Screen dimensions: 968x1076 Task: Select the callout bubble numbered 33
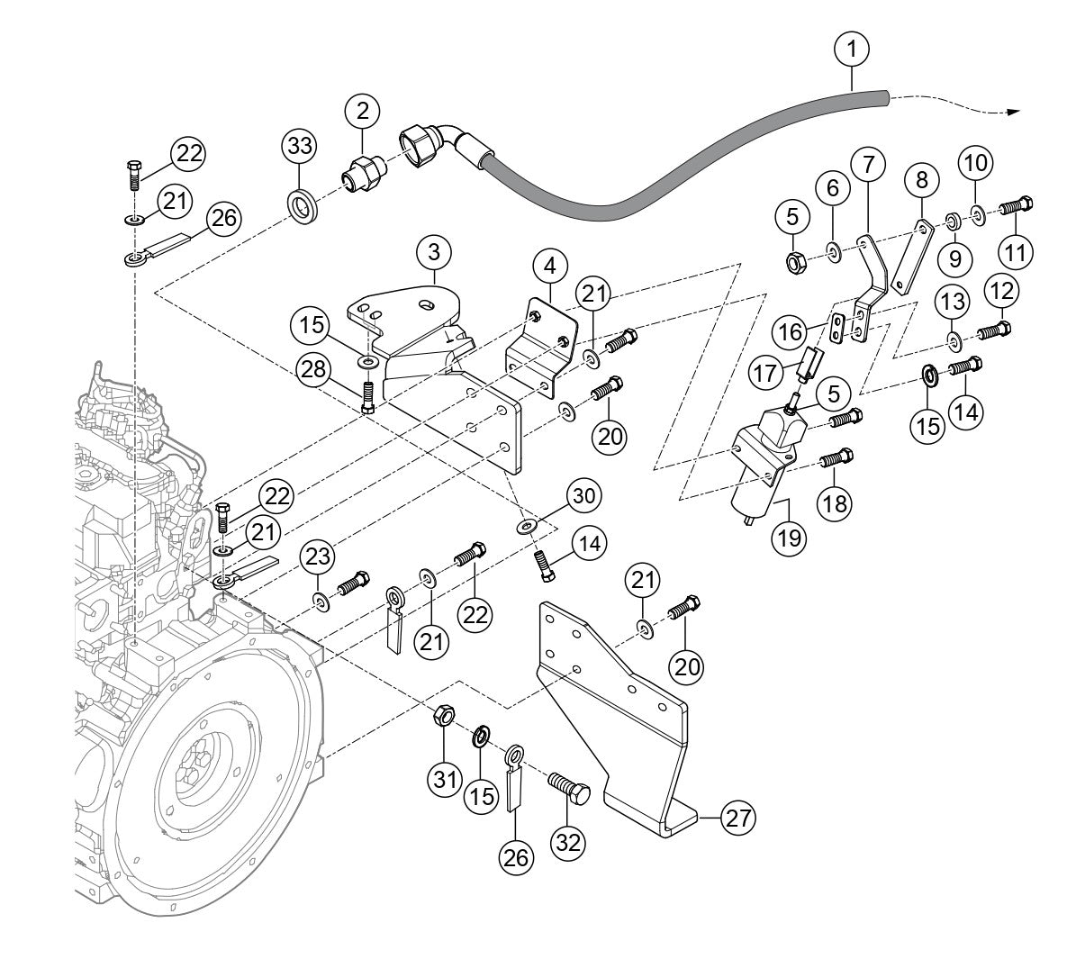(x=300, y=145)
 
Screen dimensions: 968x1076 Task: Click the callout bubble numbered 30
(x=583, y=496)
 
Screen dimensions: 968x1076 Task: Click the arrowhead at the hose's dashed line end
(x=1015, y=112)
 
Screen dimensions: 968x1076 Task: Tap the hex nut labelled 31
(x=443, y=717)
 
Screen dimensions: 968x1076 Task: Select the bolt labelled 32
(x=570, y=790)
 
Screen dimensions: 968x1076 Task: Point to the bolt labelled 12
(x=992, y=329)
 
